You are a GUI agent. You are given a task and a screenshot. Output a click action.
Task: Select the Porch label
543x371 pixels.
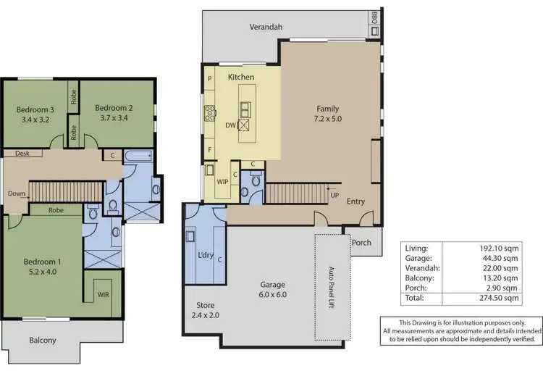361,242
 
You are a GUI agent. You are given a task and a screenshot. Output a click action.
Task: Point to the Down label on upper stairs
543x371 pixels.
17,193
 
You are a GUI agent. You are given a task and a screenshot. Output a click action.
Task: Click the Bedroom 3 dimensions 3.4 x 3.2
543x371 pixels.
33,120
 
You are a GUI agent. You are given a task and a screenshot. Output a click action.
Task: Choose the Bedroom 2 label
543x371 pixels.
114,108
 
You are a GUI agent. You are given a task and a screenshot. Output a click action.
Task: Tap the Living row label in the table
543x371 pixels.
417,247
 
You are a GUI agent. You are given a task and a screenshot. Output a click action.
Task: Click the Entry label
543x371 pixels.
355,201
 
